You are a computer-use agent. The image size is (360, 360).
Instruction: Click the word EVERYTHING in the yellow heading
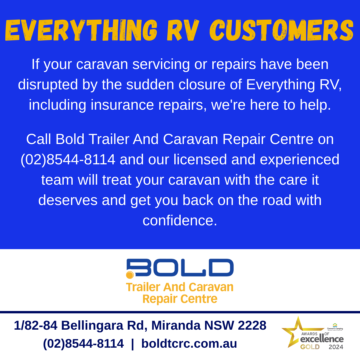coord(81,31)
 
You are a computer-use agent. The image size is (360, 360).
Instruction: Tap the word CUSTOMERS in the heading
coord(282,31)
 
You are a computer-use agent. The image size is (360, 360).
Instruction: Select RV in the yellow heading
coord(183,31)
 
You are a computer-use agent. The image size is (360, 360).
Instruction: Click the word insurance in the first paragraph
coord(122,105)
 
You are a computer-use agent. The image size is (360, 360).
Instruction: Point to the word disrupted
coord(48,85)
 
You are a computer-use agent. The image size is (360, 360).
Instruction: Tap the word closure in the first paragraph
coord(202,84)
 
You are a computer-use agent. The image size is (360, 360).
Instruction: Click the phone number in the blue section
coord(68,160)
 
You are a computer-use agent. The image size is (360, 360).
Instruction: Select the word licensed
coord(200,159)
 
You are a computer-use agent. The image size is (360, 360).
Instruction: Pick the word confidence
coord(180,220)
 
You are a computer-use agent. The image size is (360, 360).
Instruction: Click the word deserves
coord(68,200)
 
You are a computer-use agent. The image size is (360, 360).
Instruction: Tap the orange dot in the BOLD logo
coord(130,275)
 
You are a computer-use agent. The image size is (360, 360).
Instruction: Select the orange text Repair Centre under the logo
coord(180,299)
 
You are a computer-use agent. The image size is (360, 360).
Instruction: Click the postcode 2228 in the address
coord(252,326)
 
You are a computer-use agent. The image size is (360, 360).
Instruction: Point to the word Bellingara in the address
coord(92,326)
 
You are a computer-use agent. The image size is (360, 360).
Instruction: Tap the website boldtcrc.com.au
coord(189,344)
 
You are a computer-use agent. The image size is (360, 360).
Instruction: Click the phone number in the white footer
coord(83,344)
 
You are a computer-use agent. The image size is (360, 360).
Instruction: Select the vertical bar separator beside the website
coord(132,344)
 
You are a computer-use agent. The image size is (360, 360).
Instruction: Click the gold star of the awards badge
coord(296,331)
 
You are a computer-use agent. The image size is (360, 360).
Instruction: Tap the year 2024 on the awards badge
coord(336,347)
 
